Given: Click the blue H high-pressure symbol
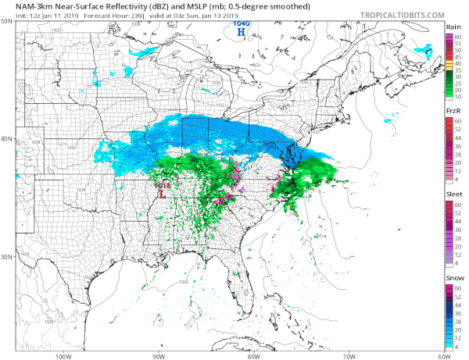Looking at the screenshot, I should tap(242, 33).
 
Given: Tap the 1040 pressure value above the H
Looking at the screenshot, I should tap(242, 24).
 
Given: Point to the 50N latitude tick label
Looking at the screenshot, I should tap(6, 20).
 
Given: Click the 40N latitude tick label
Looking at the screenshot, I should tap(6, 139).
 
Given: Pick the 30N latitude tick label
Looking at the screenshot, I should tap(6, 256).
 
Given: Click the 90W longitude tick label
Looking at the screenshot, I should tap(159, 356).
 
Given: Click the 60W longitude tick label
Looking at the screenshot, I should tap(442, 356).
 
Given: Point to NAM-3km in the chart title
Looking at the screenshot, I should tap(32, 5).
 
